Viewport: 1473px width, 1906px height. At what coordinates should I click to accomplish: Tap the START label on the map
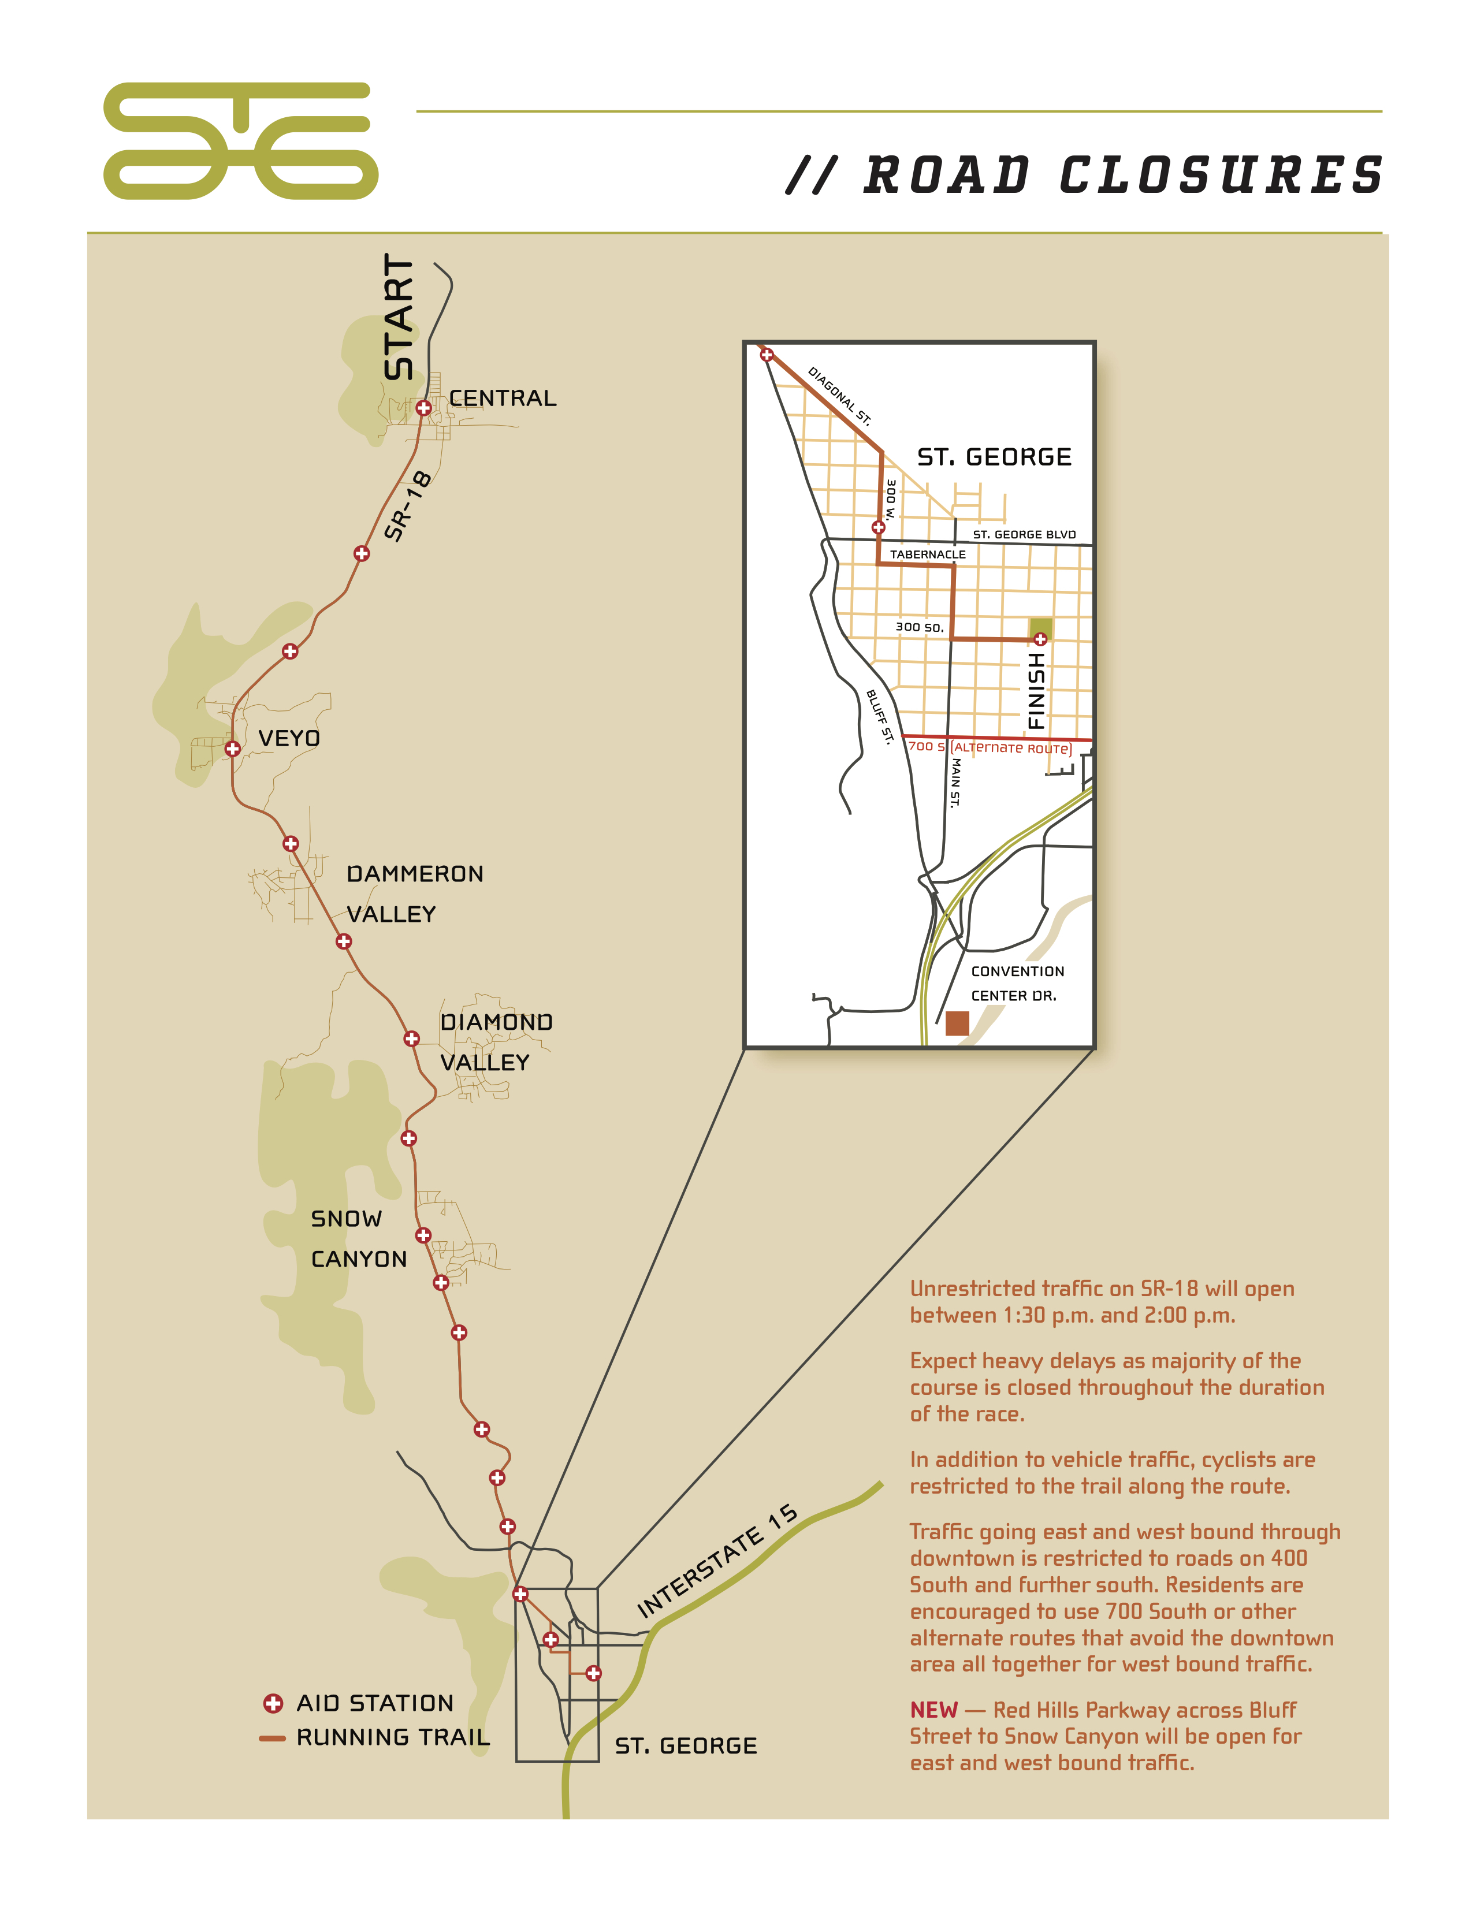click(x=399, y=317)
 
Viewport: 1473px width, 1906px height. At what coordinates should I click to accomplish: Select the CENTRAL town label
click(x=503, y=399)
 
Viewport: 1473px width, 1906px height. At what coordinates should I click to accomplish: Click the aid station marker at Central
click(x=423, y=408)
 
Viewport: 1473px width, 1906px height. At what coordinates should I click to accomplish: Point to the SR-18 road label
click(x=407, y=506)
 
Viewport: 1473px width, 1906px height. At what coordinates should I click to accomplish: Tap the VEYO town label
click(x=289, y=738)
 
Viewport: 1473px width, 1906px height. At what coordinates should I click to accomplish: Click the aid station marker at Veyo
click(x=233, y=749)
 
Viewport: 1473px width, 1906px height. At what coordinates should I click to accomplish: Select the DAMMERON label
click(x=415, y=873)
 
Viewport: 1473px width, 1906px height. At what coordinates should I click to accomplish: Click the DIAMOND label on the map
click(x=496, y=1022)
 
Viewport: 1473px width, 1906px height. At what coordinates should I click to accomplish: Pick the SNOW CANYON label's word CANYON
click(x=359, y=1259)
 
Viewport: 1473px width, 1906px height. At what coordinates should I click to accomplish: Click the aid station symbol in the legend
click(x=273, y=1703)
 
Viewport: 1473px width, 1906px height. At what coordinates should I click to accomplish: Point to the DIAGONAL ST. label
click(x=839, y=395)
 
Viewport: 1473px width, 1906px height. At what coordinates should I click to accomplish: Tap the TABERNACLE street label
click(x=928, y=554)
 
